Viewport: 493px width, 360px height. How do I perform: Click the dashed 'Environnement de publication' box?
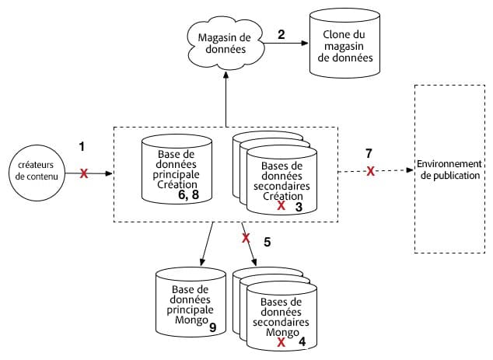pyautogui.click(x=449, y=169)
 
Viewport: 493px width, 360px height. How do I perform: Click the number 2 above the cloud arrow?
pyautogui.click(x=281, y=34)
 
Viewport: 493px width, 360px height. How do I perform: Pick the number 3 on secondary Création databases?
pyautogui.click(x=299, y=207)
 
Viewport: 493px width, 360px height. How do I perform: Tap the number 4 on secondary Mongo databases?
pyautogui.click(x=302, y=340)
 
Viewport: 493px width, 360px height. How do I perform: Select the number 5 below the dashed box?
pyautogui.click(x=267, y=242)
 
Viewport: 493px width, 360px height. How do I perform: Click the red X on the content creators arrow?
pyautogui.click(x=83, y=175)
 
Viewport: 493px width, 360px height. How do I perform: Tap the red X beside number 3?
pyautogui.click(x=281, y=207)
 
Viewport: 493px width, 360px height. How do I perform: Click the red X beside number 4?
pyautogui.click(x=281, y=341)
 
